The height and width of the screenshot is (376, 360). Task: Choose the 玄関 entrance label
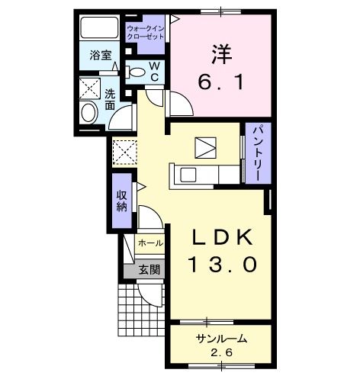(x=149, y=268)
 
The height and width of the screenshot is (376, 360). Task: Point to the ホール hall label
(x=149, y=243)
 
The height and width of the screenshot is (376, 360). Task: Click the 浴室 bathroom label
(x=100, y=55)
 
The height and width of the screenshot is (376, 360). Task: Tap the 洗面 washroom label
(x=110, y=98)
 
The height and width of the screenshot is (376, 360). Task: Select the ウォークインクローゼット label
(x=146, y=33)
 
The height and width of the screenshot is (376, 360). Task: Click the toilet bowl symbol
(x=137, y=73)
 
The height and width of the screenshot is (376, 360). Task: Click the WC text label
(x=154, y=72)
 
